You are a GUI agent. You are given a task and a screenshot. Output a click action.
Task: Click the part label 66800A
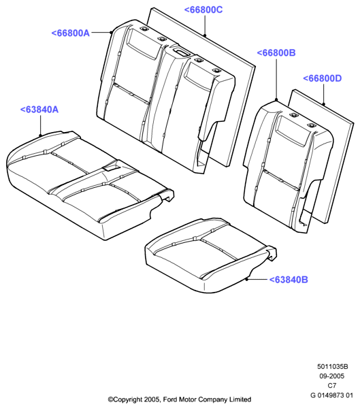pos(71,33)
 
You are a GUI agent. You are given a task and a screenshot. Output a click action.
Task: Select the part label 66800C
pos(203,10)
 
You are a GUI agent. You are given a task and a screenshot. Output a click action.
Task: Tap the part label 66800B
pos(276,52)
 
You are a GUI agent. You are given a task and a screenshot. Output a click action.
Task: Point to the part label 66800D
pos(323,78)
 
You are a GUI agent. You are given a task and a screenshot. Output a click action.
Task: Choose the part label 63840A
pos(39,110)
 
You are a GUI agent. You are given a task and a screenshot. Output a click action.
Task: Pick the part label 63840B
pos(289,280)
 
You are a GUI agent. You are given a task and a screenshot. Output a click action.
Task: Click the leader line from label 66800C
pos(205,25)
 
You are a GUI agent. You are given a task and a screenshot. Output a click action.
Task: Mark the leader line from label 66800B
pos(276,79)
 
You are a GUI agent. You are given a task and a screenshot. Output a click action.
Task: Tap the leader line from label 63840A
pos(40,125)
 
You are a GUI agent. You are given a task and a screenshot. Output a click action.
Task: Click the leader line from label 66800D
pos(323,94)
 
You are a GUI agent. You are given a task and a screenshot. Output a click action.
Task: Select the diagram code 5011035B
pos(333,367)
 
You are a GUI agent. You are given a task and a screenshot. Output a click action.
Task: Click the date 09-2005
pos(332,376)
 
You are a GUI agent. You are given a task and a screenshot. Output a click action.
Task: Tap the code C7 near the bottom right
pos(332,385)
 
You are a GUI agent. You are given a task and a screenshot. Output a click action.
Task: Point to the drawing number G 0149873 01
pos(331,395)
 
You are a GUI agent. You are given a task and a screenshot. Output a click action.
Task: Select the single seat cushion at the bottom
pos(210,256)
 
